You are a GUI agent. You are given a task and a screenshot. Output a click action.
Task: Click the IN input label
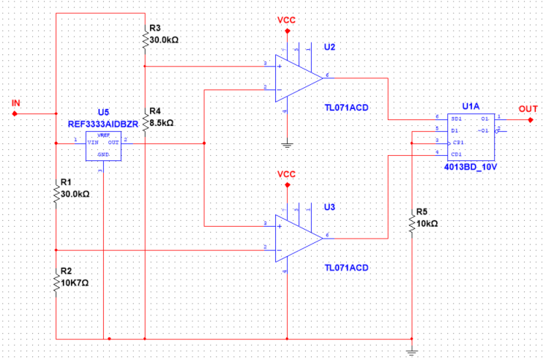tap(16, 103)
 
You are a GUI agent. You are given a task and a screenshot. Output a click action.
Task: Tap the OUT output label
tap(528, 108)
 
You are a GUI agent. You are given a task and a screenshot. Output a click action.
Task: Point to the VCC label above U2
tap(286, 20)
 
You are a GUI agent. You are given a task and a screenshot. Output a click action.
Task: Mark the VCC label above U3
tap(286, 175)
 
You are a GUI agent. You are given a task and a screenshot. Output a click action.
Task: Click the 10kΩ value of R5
tap(427, 222)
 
